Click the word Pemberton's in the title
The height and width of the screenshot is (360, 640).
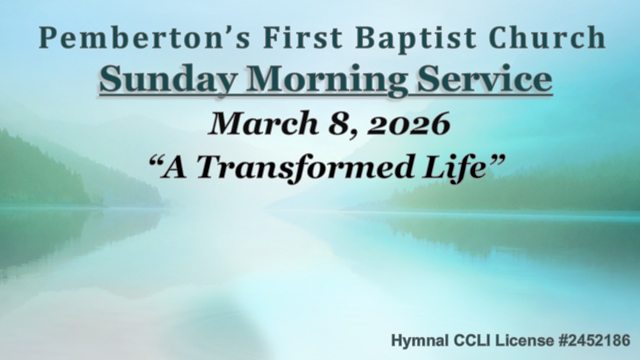click(x=135, y=38)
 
